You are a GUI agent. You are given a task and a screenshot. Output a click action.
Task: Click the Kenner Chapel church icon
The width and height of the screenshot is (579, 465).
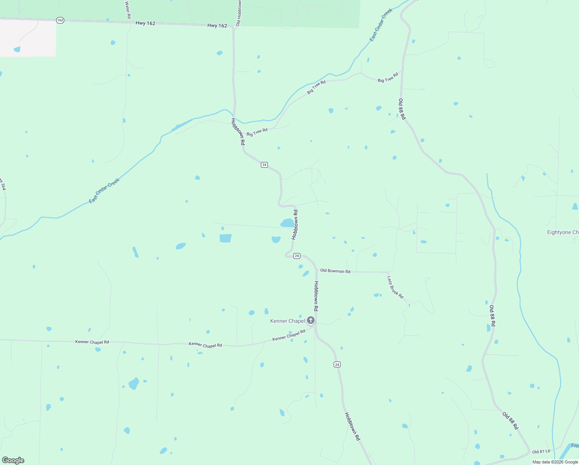coord(310,320)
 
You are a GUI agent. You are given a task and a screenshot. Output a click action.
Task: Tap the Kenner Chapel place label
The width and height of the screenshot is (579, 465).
coord(288,321)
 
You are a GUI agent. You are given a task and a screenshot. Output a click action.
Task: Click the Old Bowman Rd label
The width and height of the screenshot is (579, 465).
coord(335,271)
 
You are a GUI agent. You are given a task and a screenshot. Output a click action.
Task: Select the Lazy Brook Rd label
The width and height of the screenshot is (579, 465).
coord(396,288)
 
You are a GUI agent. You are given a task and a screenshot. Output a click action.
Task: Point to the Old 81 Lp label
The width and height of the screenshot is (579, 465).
coord(541,452)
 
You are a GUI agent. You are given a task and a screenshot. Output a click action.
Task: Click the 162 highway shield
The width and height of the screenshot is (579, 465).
coord(60,20)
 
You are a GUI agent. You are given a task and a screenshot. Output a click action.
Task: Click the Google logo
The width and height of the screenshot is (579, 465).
coord(13,460)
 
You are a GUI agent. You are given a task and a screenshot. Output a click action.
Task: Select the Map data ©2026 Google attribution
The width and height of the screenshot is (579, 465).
coord(555,462)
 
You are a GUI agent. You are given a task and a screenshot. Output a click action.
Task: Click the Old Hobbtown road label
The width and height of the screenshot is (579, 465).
coord(239,13)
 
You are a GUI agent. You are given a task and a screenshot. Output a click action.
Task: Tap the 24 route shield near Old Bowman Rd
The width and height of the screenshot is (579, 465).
coord(297,256)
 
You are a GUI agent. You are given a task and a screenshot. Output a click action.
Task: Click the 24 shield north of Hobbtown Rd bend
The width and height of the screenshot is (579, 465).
coord(264,165)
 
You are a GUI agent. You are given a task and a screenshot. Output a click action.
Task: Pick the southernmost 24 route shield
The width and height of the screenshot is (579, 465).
coord(337,364)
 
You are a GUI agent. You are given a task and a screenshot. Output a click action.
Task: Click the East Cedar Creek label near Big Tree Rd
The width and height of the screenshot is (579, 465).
coord(381,25)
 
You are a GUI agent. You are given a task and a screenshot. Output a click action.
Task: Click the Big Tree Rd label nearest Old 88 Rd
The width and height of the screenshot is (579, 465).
coord(388,77)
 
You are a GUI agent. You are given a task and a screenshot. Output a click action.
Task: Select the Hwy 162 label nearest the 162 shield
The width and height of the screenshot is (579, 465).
coord(146,23)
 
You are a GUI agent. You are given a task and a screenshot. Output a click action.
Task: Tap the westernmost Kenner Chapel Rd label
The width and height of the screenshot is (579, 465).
coord(92,342)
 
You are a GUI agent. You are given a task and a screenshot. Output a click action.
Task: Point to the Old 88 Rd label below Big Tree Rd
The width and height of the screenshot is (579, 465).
coord(402,109)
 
